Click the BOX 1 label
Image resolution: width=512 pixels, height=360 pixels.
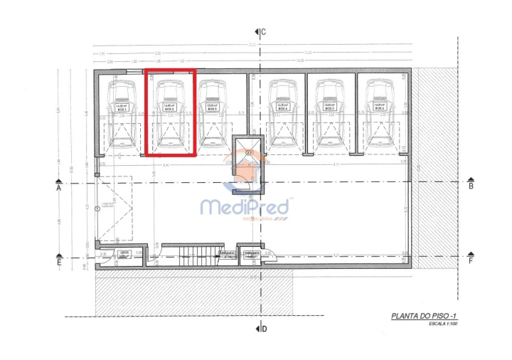(122, 110)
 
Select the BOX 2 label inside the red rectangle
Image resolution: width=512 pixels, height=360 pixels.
(169, 110)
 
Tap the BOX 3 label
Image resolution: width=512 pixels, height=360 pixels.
(211, 110)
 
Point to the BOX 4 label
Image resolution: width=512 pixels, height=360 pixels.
(283, 110)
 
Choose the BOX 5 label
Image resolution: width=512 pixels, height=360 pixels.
(329, 110)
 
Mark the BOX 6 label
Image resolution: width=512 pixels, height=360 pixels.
(378, 110)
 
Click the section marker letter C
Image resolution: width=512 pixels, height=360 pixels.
(263, 32)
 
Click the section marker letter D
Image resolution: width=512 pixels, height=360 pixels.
(263, 328)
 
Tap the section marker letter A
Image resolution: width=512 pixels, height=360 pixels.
(59, 189)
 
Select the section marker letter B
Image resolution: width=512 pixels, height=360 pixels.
(471, 186)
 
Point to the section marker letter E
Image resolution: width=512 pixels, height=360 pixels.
(59, 263)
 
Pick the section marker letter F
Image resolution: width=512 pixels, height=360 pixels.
(471, 261)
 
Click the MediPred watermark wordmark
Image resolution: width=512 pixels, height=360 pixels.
(245, 207)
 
